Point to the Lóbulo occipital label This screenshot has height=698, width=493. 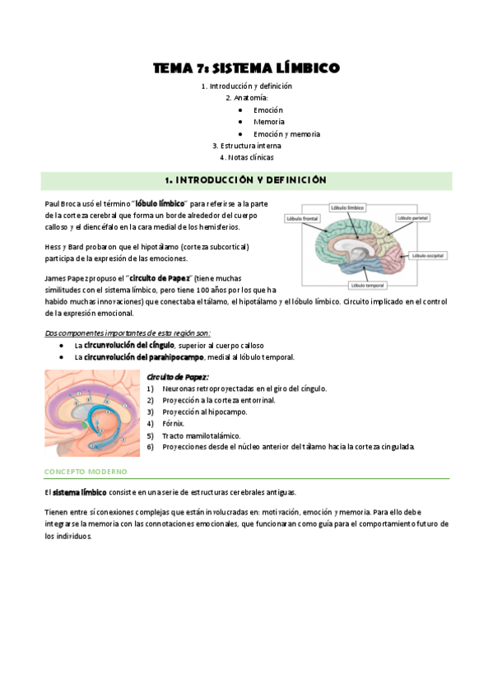pyautogui.click(x=426, y=257)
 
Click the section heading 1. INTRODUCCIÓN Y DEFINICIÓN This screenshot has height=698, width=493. pyautogui.click(x=246, y=180)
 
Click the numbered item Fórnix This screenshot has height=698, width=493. pyautogui.click(x=174, y=423)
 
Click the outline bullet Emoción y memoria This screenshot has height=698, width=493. pyautogui.click(x=286, y=133)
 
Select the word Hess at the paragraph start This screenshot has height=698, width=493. pyautogui.click(x=53, y=246)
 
